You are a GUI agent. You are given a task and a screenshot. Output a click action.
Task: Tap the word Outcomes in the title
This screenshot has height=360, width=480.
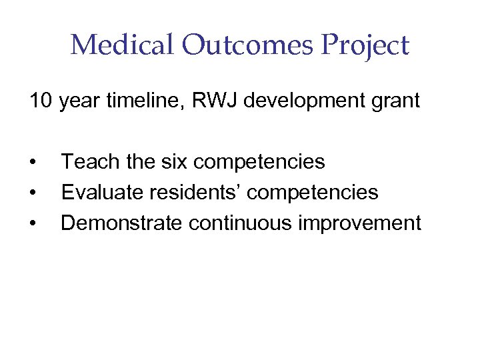[227, 46]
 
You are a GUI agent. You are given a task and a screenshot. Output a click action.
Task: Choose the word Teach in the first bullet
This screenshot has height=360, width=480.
[87, 162]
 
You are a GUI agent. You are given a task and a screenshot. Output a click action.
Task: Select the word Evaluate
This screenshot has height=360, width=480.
[101, 193]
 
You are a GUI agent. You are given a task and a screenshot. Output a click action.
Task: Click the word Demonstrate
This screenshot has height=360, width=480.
[120, 223]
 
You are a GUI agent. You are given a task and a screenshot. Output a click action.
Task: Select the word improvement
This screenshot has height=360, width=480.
[361, 223]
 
